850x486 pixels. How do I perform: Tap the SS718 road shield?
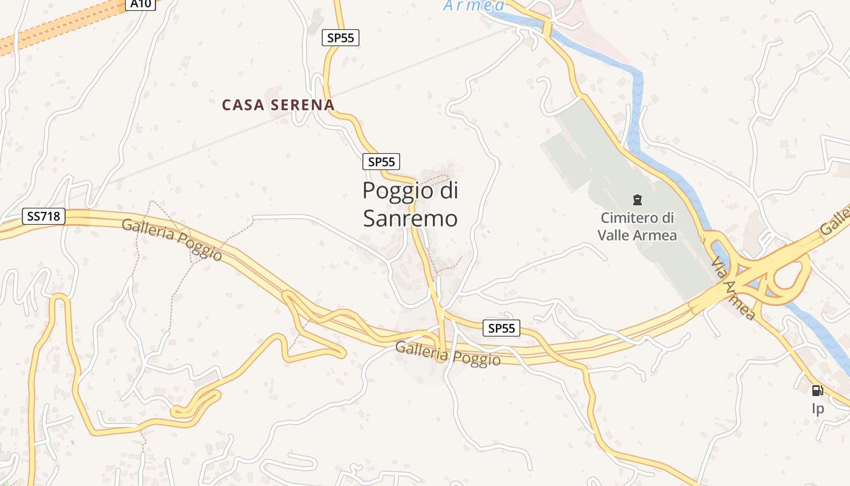44,216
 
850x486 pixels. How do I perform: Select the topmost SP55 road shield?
340,38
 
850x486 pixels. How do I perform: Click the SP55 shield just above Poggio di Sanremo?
381,162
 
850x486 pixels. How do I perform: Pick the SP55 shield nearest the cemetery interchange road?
502,328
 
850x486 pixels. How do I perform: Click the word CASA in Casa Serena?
243,105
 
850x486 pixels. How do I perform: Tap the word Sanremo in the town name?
410,219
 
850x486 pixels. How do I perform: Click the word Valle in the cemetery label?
616,235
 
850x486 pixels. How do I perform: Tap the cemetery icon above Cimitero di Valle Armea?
637,199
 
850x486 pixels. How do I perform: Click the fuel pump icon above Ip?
817,391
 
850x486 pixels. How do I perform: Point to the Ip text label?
818,408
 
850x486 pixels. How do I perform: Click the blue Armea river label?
474,6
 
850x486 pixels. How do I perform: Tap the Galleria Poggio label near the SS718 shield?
172,239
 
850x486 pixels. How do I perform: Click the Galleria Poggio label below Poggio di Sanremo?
448,354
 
